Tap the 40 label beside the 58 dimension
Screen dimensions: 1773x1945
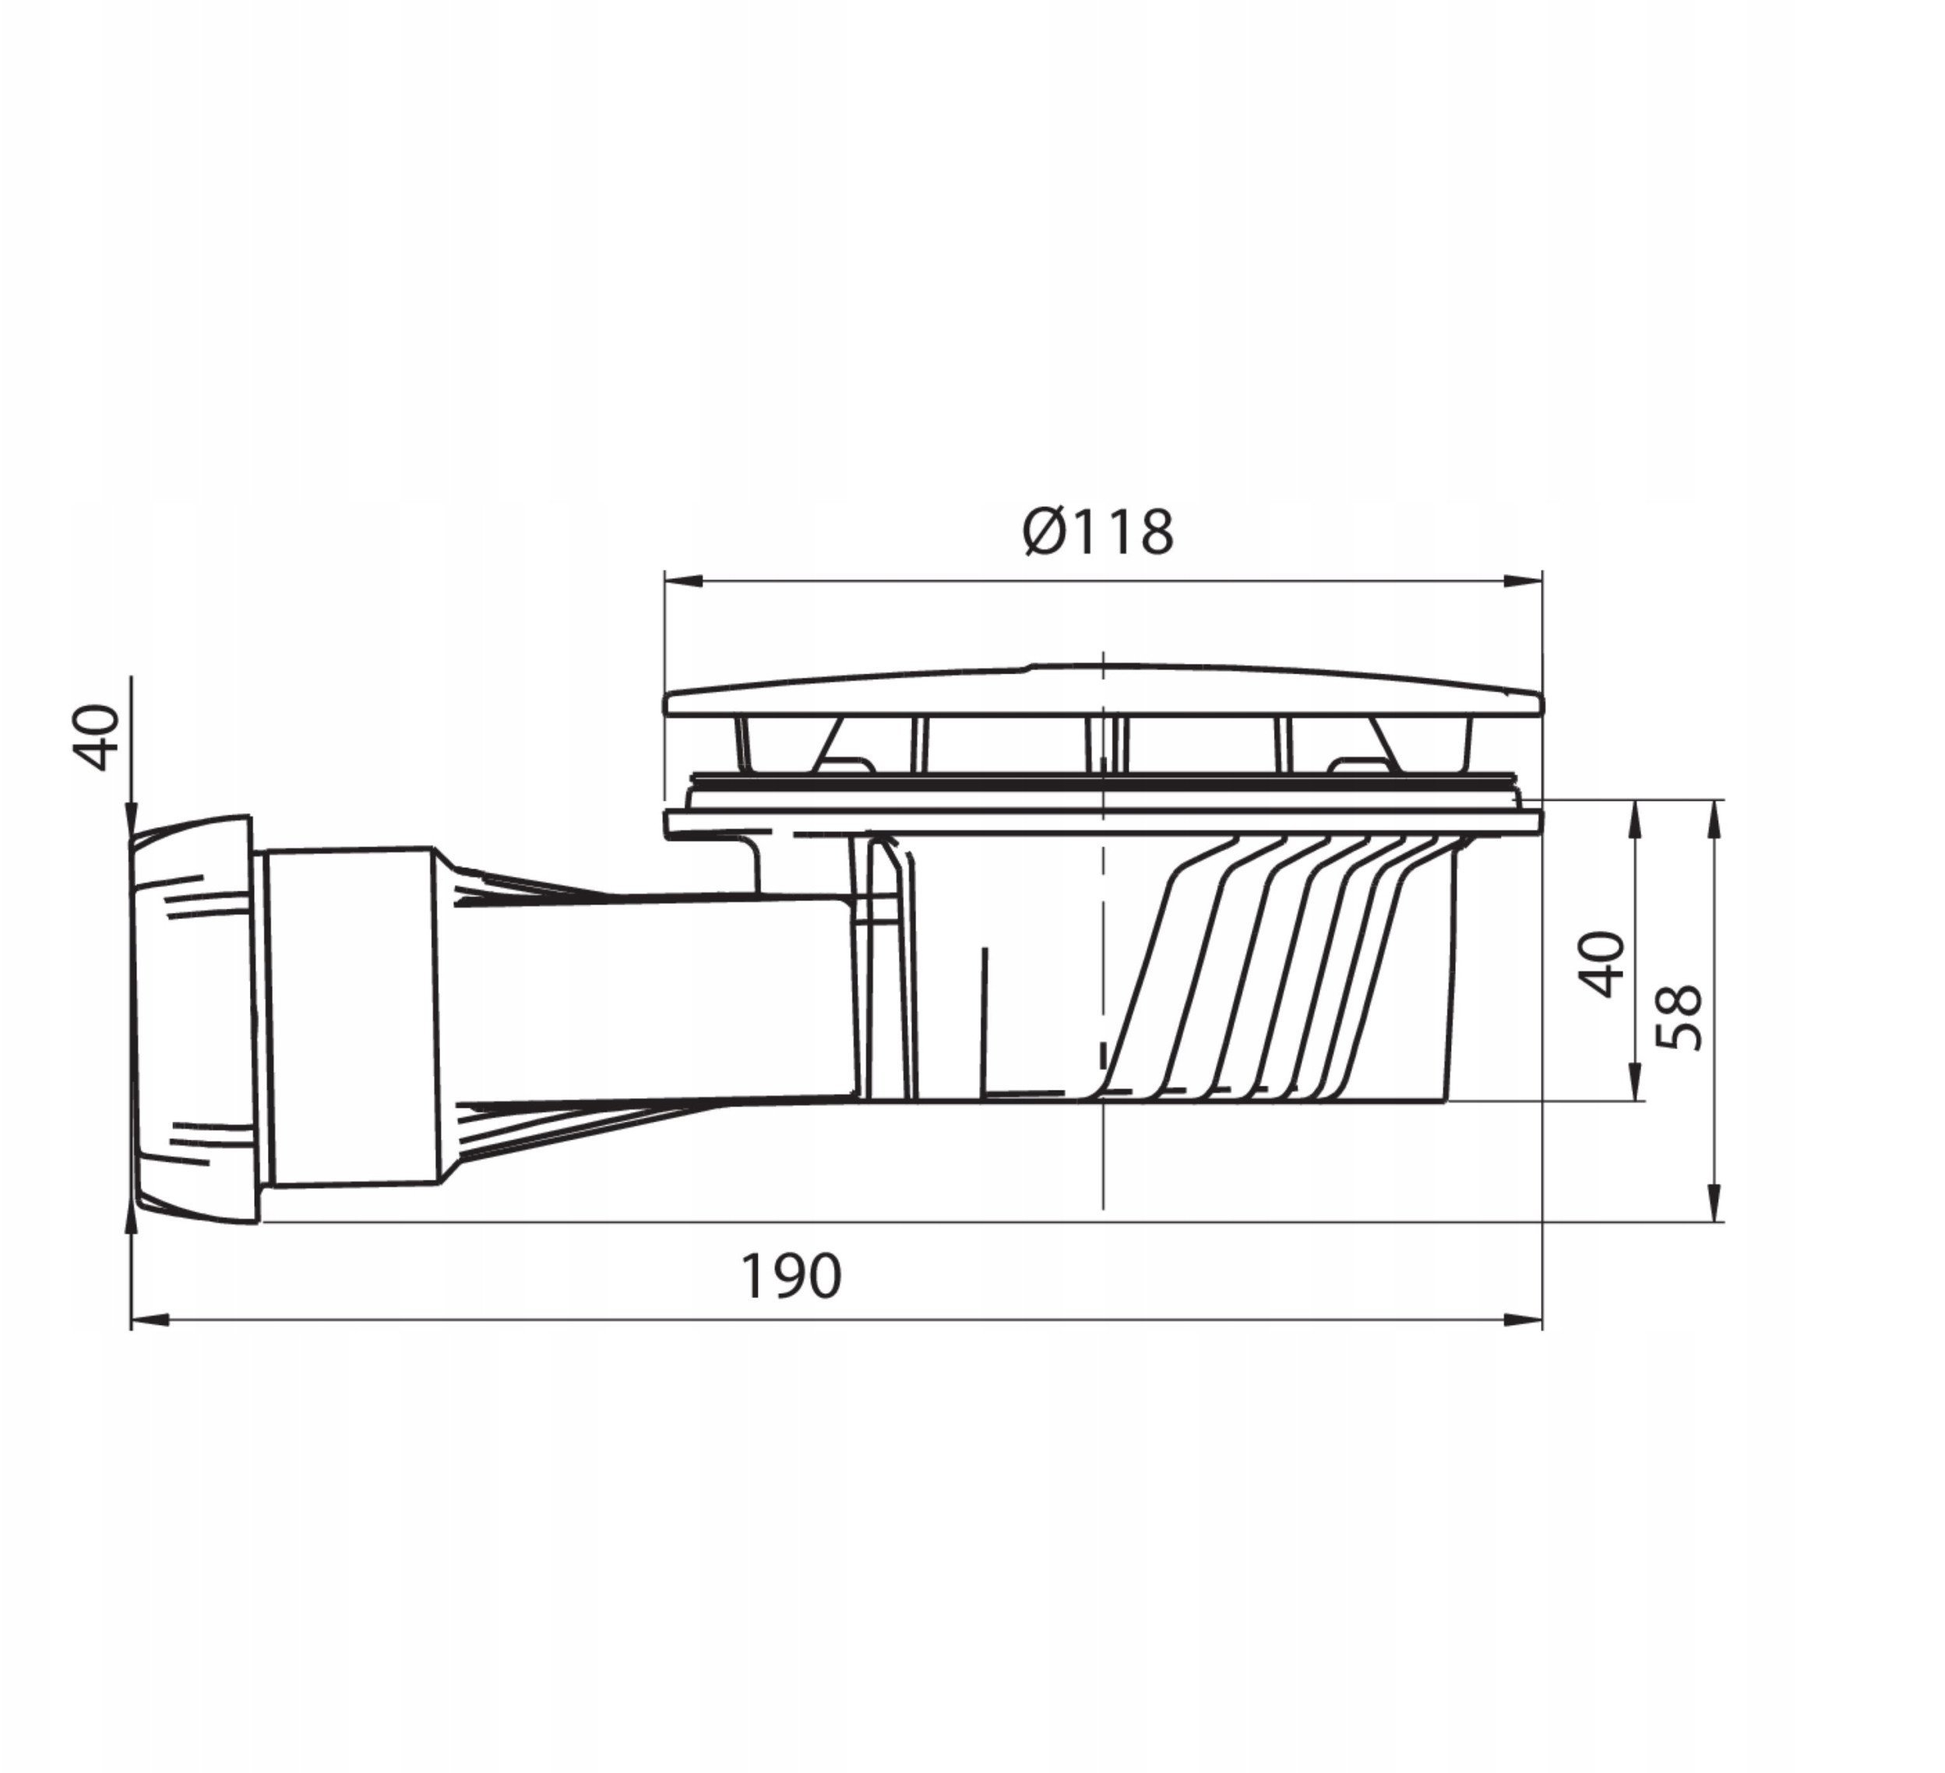pyautogui.click(x=1602, y=964)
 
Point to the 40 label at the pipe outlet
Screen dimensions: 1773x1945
pyautogui.click(x=97, y=738)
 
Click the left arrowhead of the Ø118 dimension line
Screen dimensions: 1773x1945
pyautogui.click(x=681, y=580)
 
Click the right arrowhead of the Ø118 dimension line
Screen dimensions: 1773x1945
pyautogui.click(x=1525, y=580)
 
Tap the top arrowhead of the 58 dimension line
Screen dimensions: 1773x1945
pyautogui.click(x=1714, y=815)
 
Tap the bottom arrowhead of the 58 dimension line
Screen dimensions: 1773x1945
pyautogui.click(x=1714, y=1205)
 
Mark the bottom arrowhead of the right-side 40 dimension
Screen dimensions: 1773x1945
pyautogui.click(x=1634, y=1084)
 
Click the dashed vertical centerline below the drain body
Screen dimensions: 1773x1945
pyautogui.click(x=1103, y=1158)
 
